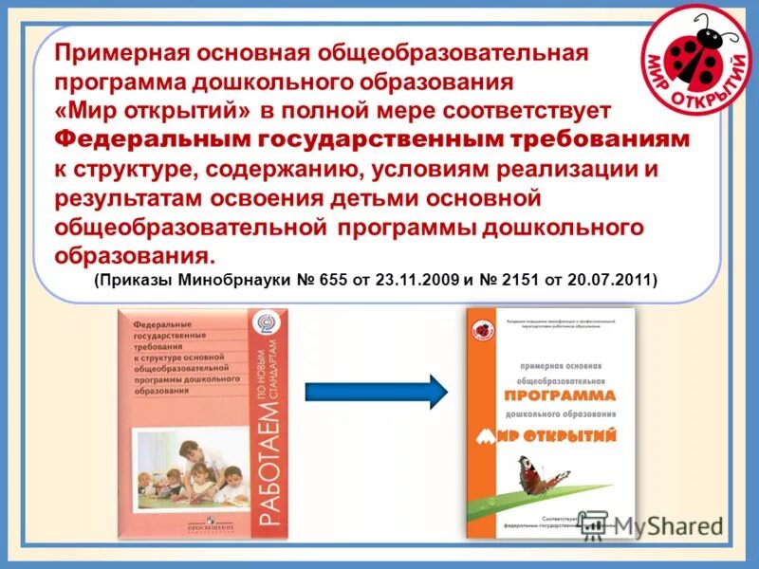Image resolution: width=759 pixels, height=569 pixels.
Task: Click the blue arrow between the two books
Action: (375, 390)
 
